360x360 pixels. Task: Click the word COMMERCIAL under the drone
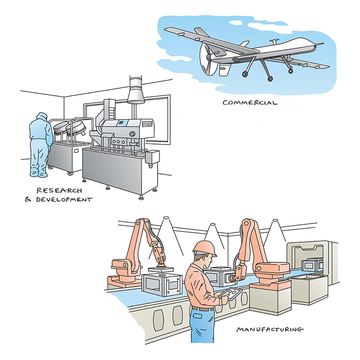point(250,102)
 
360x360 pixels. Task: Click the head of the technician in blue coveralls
point(42,116)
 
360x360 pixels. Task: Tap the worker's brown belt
point(202,309)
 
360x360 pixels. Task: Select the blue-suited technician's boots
point(37,175)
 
